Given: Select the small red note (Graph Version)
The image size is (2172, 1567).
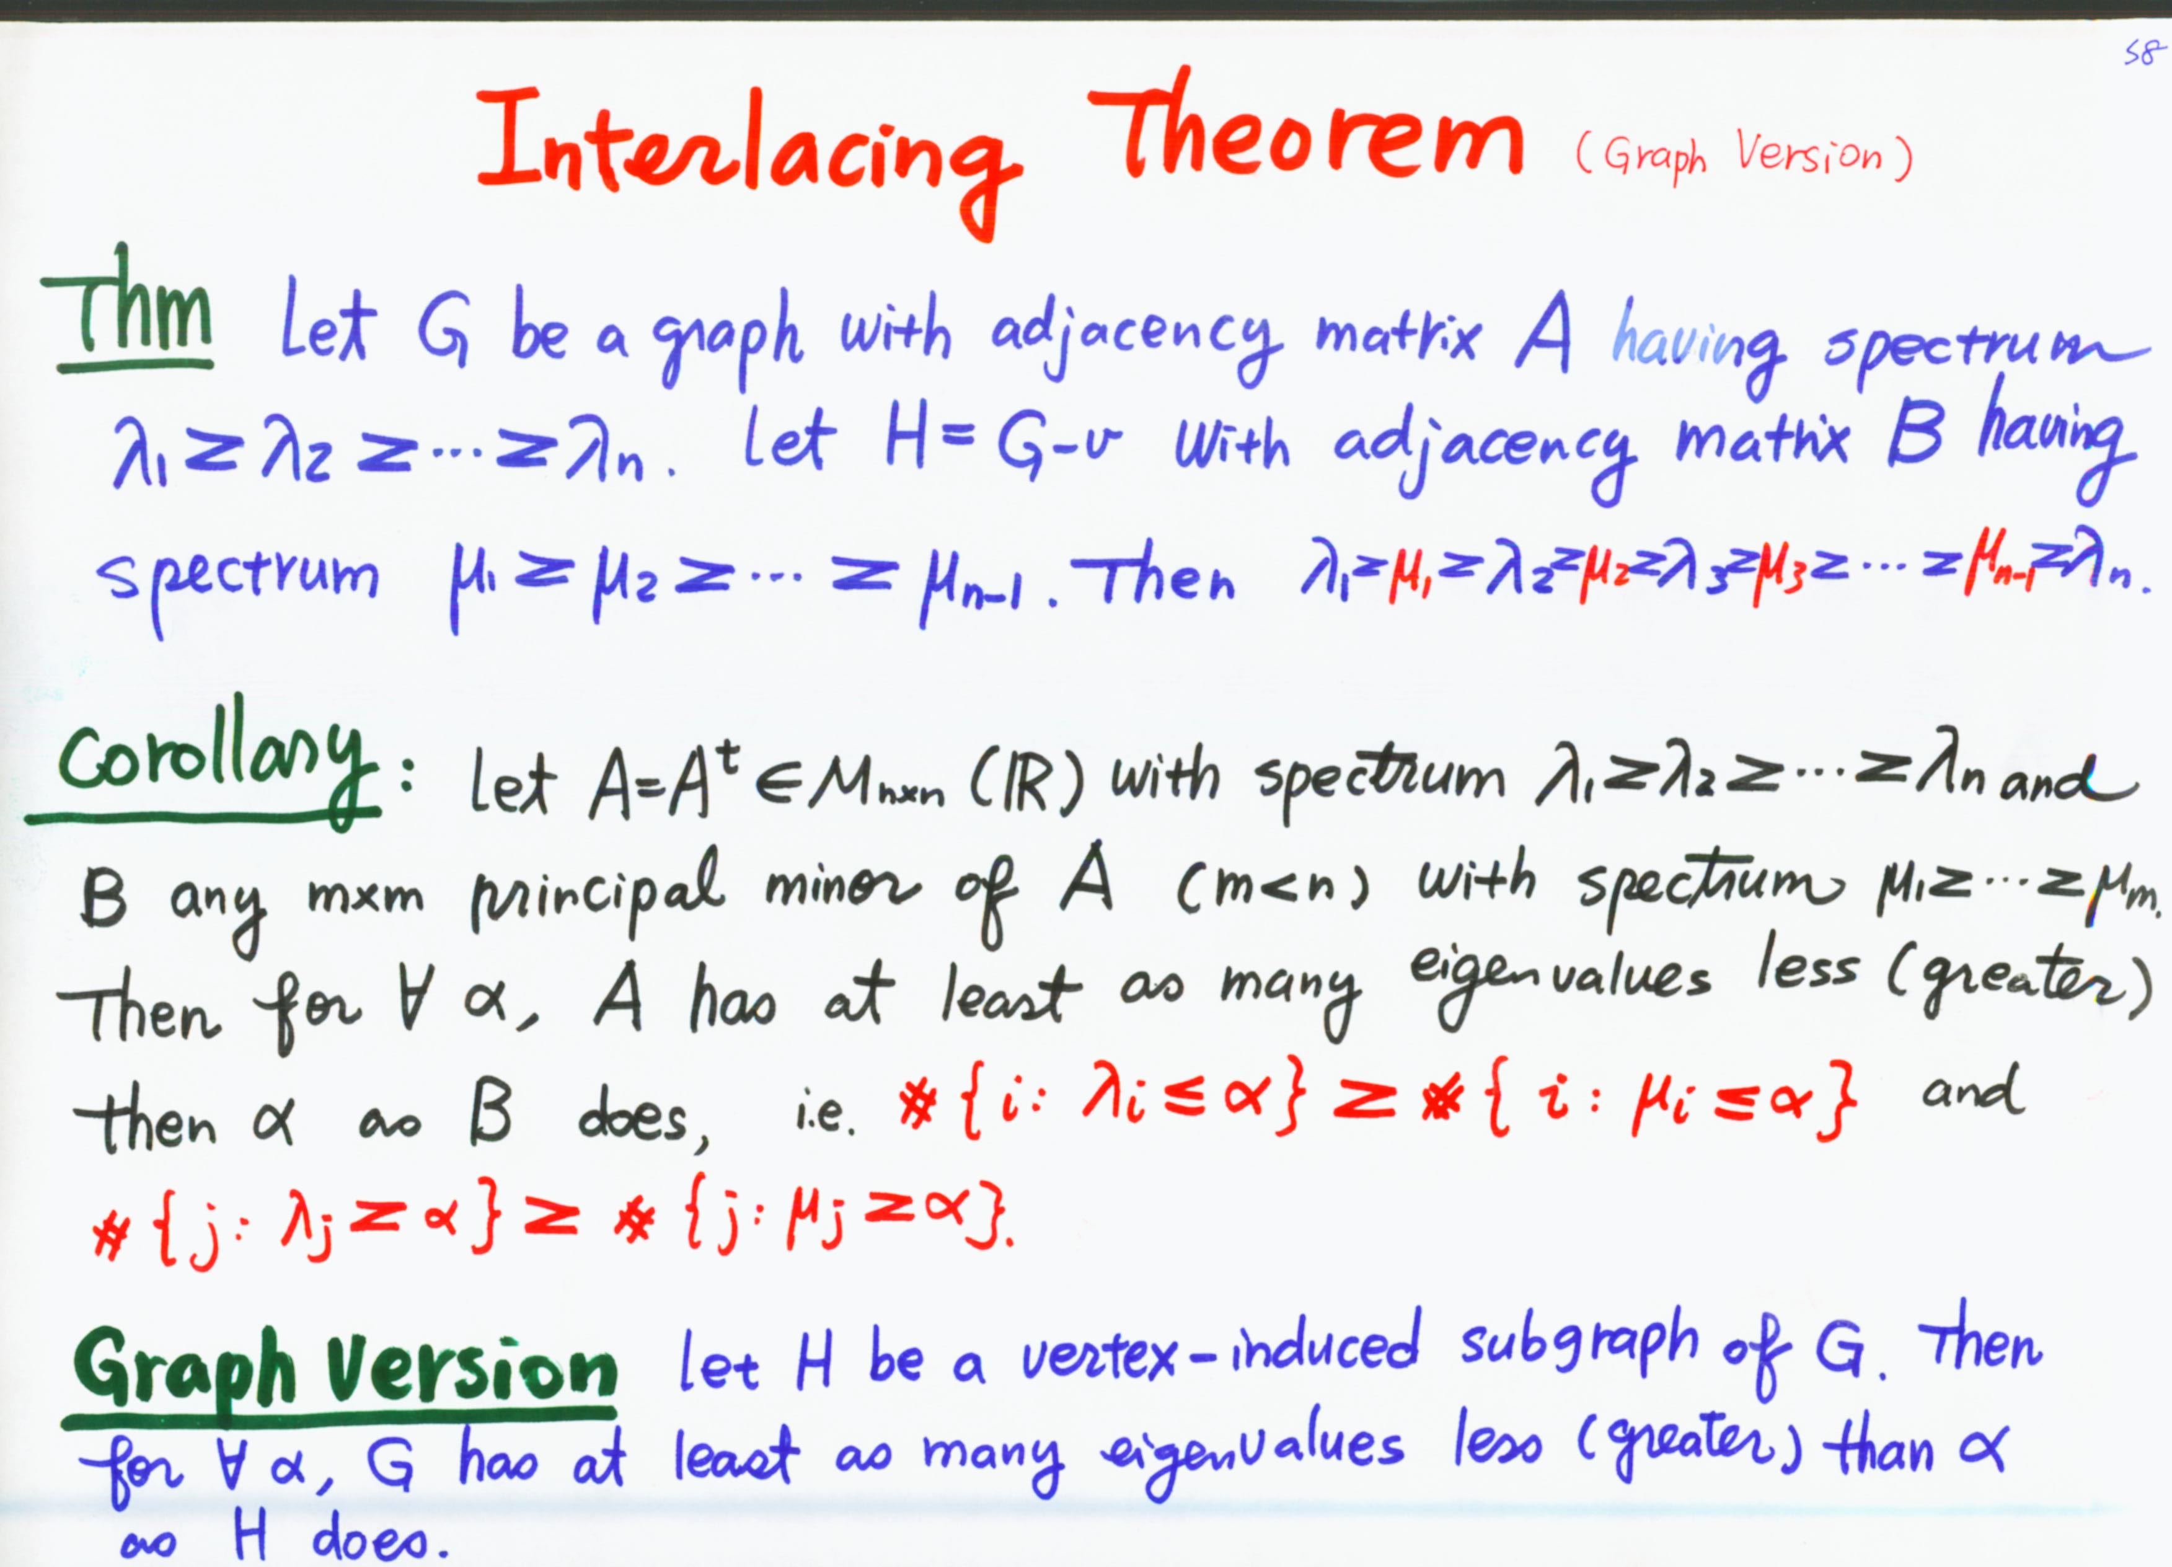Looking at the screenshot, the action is pos(1743,155).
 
